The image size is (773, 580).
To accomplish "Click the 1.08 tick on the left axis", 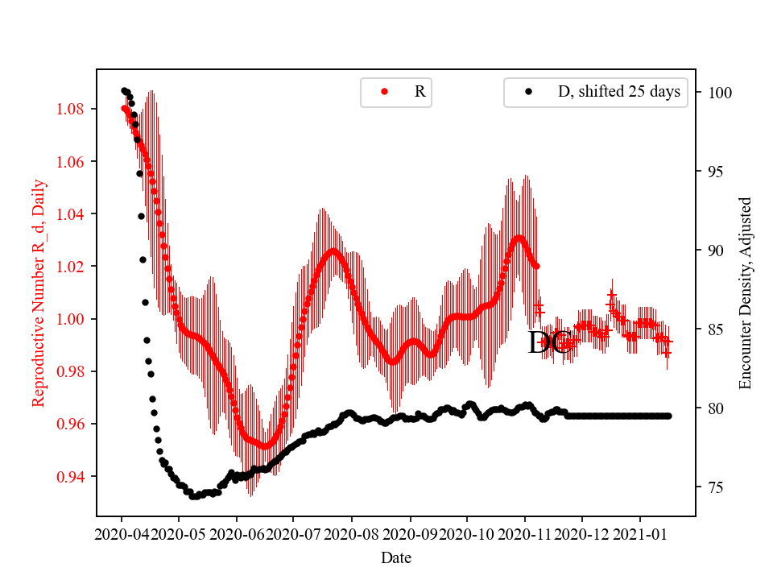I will [x=75, y=109].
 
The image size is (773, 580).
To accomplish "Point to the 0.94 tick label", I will [x=75, y=477].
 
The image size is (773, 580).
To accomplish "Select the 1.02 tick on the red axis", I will [x=75, y=267].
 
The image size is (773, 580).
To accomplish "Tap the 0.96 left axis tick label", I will [x=75, y=425].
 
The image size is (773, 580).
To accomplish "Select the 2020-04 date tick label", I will [x=122, y=533].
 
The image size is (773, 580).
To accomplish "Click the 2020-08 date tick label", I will [x=352, y=533].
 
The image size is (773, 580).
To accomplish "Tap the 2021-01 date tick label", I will [x=640, y=533].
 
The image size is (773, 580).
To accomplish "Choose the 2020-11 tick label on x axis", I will [x=525, y=533].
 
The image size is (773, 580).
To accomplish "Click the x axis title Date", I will [x=396, y=557].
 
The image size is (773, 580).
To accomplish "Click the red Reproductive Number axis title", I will [x=38, y=292].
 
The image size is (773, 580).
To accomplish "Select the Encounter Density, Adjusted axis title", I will [x=745, y=292].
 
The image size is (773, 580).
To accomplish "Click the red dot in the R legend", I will [x=384, y=92].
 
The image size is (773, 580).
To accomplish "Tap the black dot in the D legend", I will [x=528, y=92].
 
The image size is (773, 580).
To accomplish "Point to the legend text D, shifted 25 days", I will [x=619, y=92].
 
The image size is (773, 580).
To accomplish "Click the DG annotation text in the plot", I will [x=549, y=343].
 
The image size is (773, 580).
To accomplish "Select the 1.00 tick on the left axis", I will [x=75, y=319].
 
